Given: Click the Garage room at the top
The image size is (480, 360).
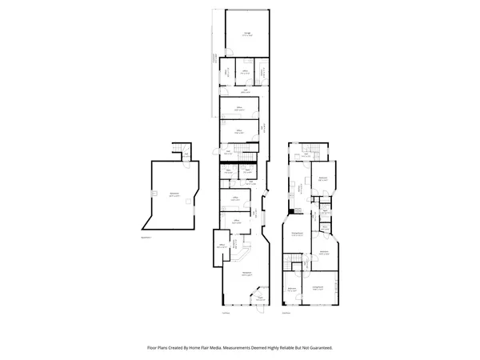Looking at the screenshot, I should [246, 34].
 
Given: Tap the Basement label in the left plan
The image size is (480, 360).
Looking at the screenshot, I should [174, 194].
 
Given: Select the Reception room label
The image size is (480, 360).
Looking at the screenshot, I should [247, 274].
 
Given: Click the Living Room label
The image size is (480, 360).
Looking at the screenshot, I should [318, 286].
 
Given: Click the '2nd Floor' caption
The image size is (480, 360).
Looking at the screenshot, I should [286, 313].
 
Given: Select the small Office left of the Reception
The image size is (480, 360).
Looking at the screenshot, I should [222, 247].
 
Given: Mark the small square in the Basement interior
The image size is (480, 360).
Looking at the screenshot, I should [153, 194].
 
